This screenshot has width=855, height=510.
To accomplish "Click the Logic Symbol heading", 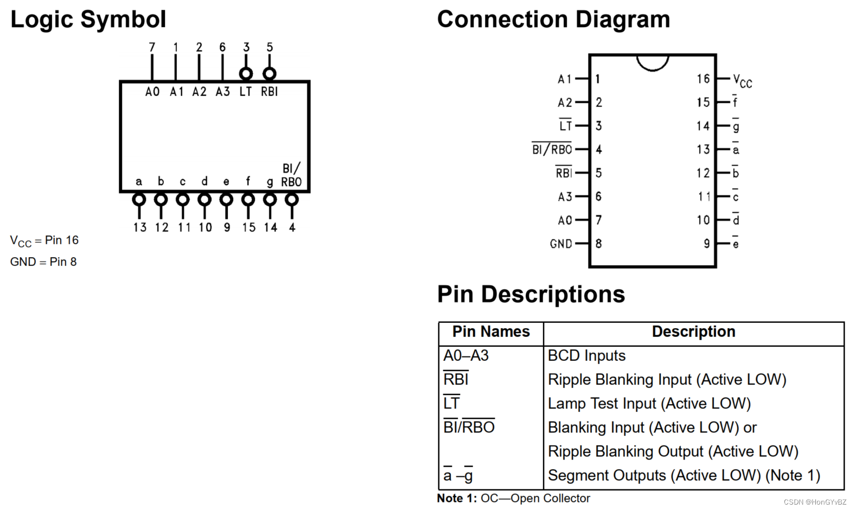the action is pyautogui.click(x=88, y=20).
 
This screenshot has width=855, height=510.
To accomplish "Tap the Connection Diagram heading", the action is pyautogui.click(x=553, y=19).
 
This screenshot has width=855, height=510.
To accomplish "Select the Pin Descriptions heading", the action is pyautogui.click(x=531, y=295).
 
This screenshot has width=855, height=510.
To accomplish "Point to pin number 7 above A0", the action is pyautogui.click(x=152, y=47).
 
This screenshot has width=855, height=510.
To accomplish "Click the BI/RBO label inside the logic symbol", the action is pyautogui.click(x=291, y=175).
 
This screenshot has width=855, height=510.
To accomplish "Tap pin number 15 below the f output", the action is pyautogui.click(x=248, y=227).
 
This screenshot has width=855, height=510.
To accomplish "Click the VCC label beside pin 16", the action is pyautogui.click(x=742, y=81).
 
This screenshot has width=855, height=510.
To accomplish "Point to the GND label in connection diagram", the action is pyautogui.click(x=561, y=244).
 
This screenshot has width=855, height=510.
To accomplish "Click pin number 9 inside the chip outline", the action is pyautogui.click(x=706, y=244).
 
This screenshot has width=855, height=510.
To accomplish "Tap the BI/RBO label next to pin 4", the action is pyautogui.click(x=552, y=149).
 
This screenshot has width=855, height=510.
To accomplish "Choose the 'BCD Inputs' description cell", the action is pyautogui.click(x=586, y=356).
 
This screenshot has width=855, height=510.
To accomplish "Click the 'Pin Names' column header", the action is pyautogui.click(x=491, y=331).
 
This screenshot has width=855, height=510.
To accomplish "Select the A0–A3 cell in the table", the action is pyautogui.click(x=465, y=356).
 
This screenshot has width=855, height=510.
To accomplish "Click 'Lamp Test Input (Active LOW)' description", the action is pyautogui.click(x=649, y=404).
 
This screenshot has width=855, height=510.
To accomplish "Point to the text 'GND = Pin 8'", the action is pyautogui.click(x=43, y=262).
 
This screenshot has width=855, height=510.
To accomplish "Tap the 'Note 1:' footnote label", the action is pyautogui.click(x=457, y=499).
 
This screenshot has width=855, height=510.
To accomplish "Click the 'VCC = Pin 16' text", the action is pyautogui.click(x=44, y=241).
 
